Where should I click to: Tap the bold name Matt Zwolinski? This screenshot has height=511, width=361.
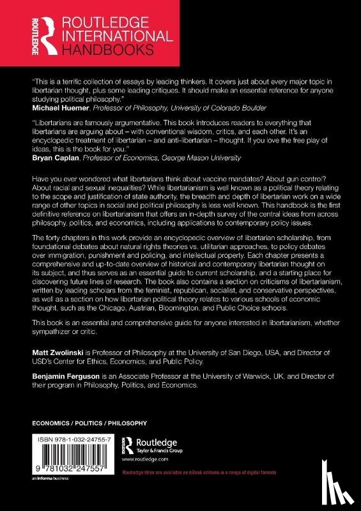[62, 360]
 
